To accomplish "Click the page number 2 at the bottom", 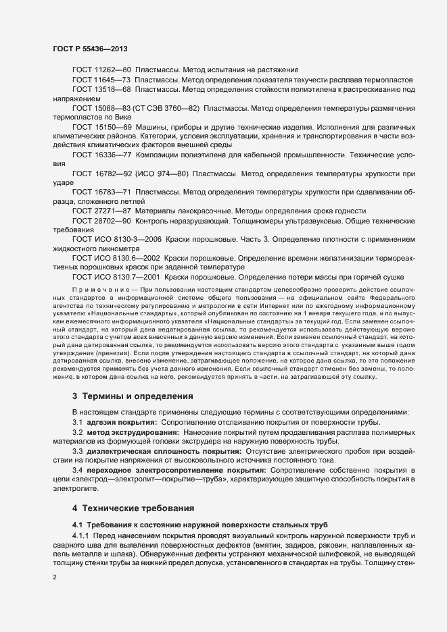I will (x=55, y=577).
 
